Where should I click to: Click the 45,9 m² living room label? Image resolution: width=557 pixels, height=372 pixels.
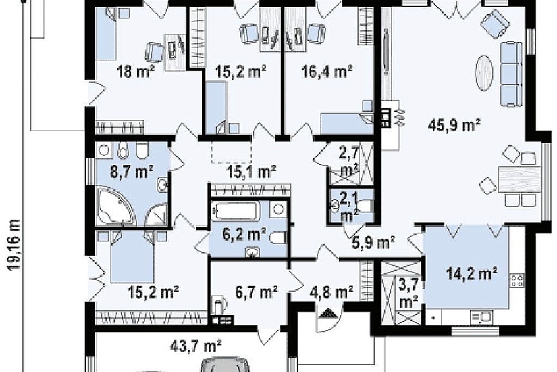[x=454, y=125]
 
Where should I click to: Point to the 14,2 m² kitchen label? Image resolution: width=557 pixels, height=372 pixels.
[x=471, y=273]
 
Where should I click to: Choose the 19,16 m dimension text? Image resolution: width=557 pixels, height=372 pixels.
[x=14, y=245]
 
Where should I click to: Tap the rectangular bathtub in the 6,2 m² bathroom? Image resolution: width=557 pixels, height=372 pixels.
[x=234, y=210]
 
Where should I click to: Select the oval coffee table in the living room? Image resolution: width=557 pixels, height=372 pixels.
[x=484, y=73]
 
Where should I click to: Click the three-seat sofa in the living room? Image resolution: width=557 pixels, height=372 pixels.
[x=512, y=74]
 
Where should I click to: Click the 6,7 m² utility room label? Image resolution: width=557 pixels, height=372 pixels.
[x=257, y=292]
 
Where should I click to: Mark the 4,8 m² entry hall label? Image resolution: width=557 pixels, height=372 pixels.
[x=331, y=292]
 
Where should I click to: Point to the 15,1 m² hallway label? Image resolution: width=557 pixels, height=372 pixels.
[x=252, y=172]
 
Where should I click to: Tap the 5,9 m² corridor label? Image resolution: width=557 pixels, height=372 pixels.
[x=373, y=243]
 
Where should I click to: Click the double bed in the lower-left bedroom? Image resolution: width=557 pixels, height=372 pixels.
[x=132, y=256]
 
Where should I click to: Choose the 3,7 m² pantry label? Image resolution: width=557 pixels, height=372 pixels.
[x=408, y=294]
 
